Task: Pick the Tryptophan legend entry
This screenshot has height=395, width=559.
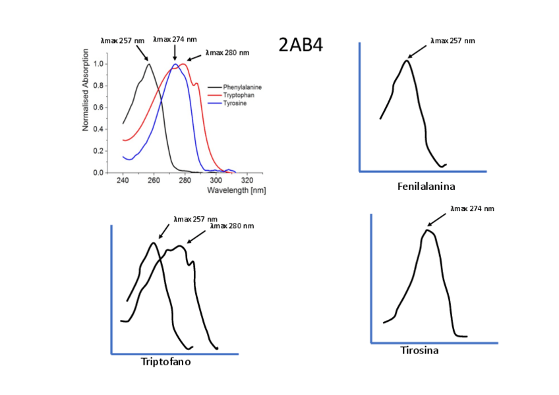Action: pyautogui.click(x=238, y=95)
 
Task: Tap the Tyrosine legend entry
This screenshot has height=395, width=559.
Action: pyautogui.click(x=235, y=104)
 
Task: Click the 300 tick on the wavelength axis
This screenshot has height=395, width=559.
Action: pyautogui.click(x=216, y=180)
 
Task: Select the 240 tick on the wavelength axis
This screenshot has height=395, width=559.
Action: pyautogui.click(x=123, y=180)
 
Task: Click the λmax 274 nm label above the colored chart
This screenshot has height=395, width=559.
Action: pyautogui.click(x=175, y=39)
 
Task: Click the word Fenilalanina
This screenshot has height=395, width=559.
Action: pyautogui.click(x=426, y=187)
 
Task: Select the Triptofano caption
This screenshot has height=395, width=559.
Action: pyautogui.click(x=166, y=361)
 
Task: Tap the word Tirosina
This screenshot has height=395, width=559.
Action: pyautogui.click(x=420, y=350)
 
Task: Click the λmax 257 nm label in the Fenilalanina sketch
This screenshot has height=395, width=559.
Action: pyautogui.click(x=452, y=41)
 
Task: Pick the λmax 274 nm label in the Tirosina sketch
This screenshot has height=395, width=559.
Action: pyautogui.click(x=472, y=208)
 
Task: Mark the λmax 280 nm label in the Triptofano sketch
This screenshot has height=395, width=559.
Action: pyautogui.click(x=231, y=226)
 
